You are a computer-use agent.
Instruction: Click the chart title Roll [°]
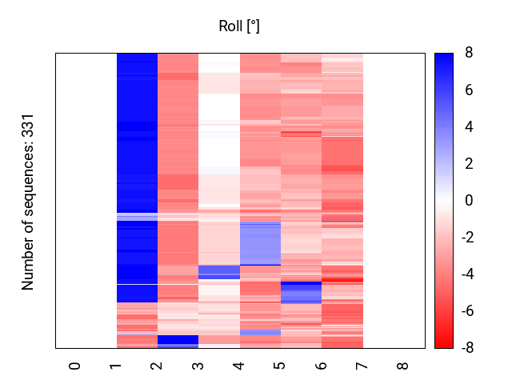[239, 26]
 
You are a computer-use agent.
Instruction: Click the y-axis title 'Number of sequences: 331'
[28, 201]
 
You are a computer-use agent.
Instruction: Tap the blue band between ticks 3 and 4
[218, 271]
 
